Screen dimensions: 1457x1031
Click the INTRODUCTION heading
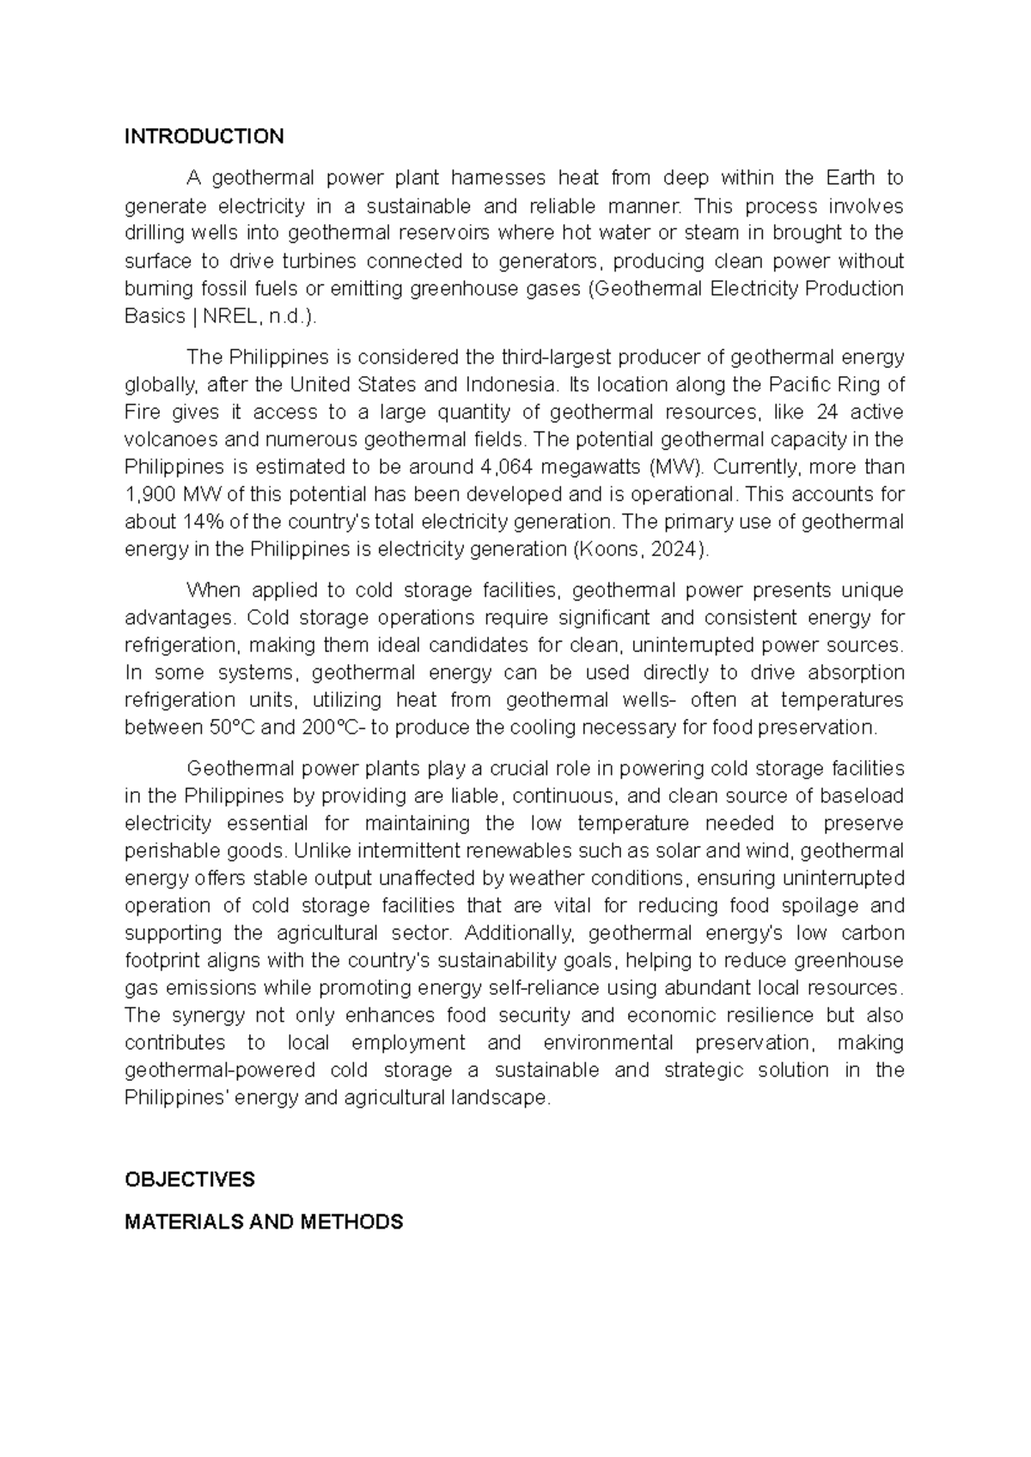204,137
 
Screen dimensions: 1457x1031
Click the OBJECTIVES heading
189,1180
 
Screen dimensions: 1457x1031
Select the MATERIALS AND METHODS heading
264,1222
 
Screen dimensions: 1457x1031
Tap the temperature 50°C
231,728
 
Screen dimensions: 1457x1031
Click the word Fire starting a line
143,412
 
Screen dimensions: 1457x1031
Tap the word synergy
203,1015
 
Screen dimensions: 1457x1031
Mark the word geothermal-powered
221,1070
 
